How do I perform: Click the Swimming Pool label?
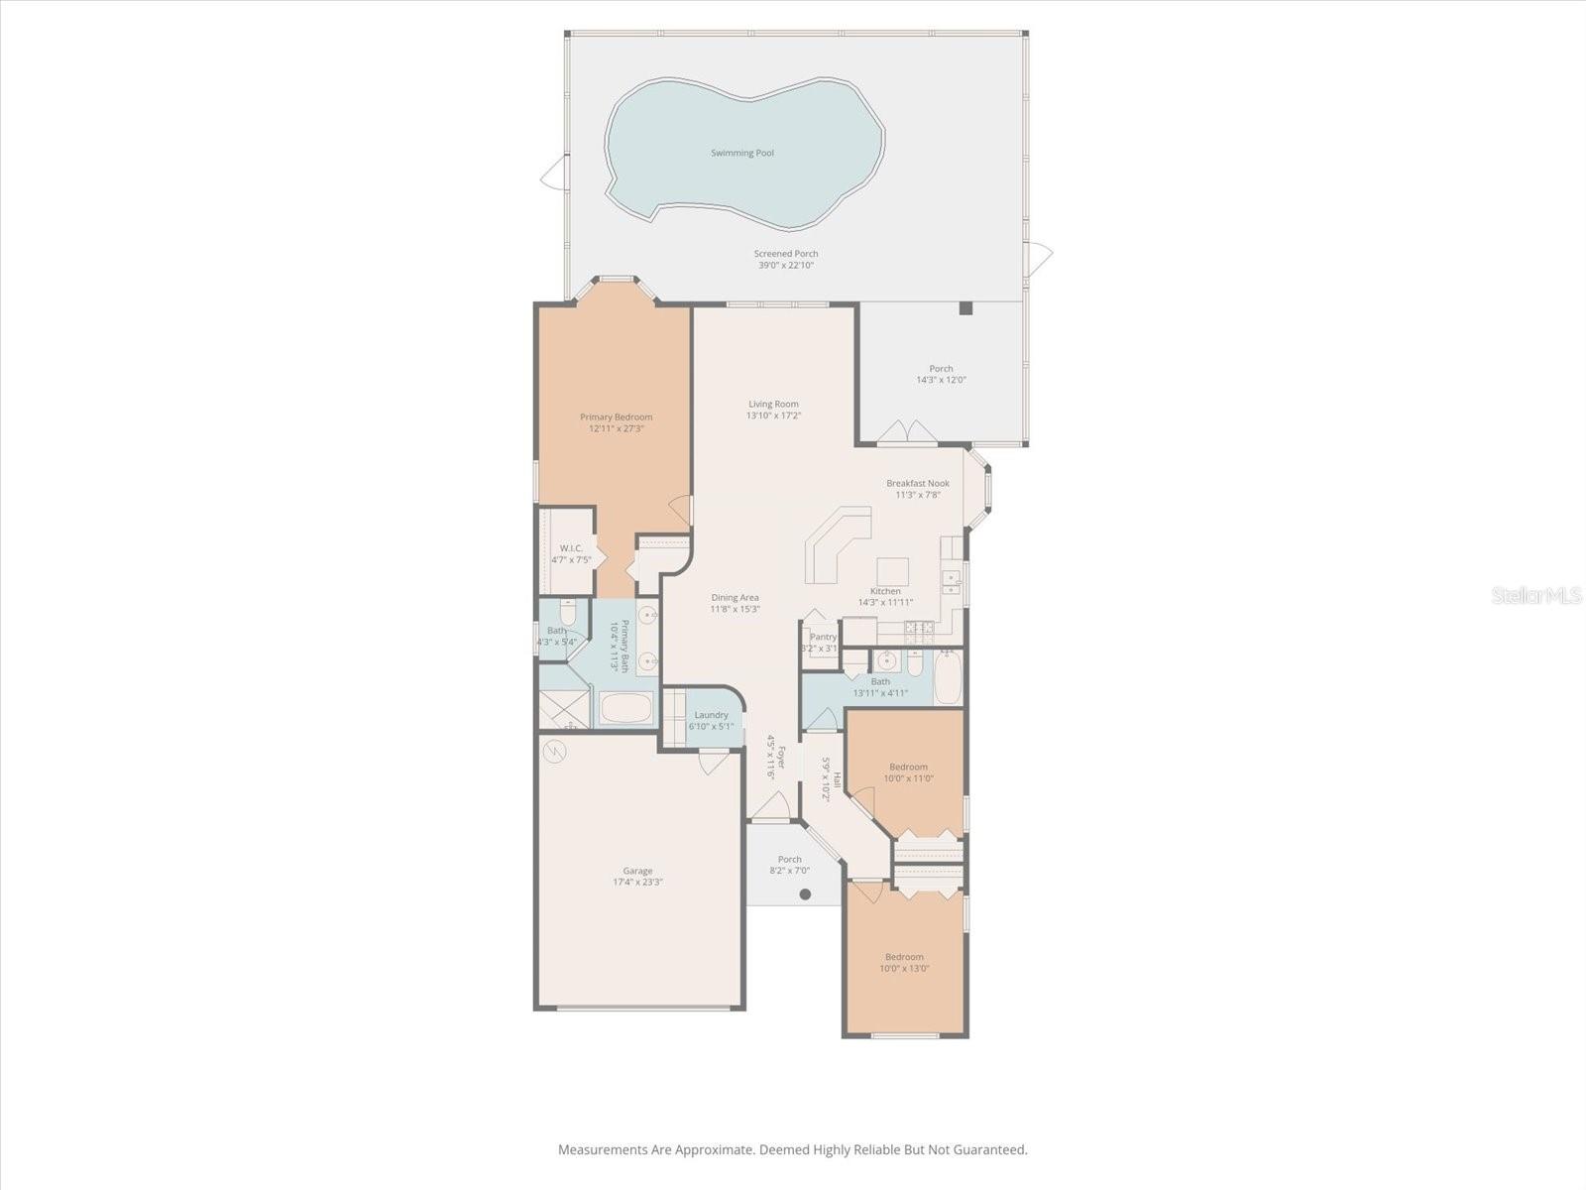pyautogui.click(x=742, y=153)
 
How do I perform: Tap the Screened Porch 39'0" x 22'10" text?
pyautogui.click(x=786, y=259)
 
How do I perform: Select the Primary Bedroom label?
pyautogui.click(x=617, y=422)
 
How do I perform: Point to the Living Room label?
pyautogui.click(x=773, y=410)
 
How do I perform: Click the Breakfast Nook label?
pyautogui.click(x=918, y=489)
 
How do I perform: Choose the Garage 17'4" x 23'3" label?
pyautogui.click(x=637, y=877)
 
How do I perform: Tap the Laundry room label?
pyautogui.click(x=712, y=720)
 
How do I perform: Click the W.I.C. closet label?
pyautogui.click(x=571, y=553)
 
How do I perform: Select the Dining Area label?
pyautogui.click(x=735, y=603)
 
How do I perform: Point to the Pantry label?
pyautogui.click(x=823, y=642)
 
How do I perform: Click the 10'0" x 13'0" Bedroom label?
pyautogui.click(x=904, y=962)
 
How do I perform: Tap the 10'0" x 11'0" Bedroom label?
pyautogui.click(x=908, y=772)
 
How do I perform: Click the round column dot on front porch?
pyautogui.click(x=805, y=894)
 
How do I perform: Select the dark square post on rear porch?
pyautogui.click(x=965, y=308)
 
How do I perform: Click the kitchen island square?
pyautogui.click(x=892, y=571)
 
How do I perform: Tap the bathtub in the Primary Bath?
pyautogui.click(x=625, y=709)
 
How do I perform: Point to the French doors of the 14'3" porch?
pyautogui.click(x=907, y=431)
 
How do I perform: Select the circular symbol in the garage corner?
pyautogui.click(x=555, y=752)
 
